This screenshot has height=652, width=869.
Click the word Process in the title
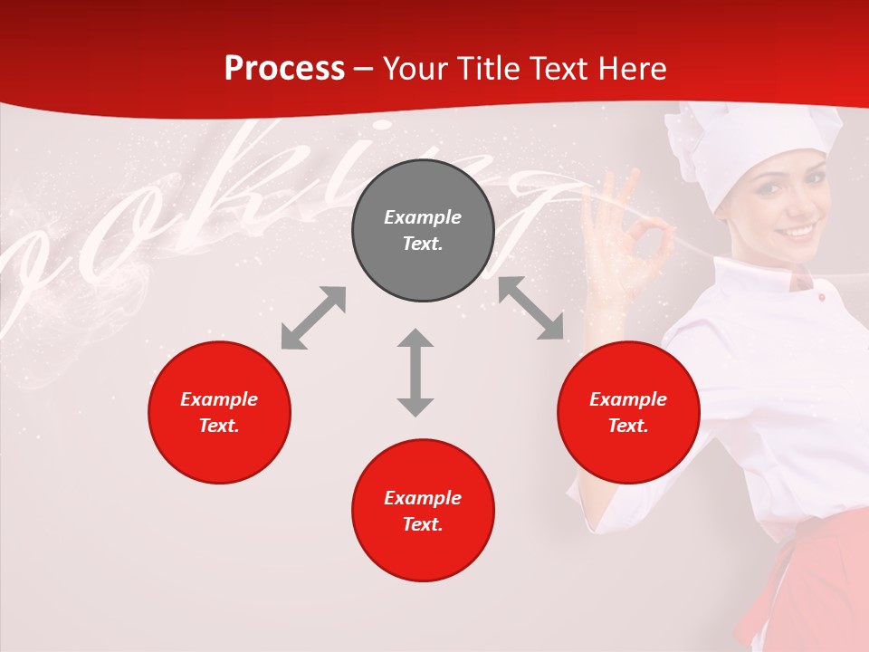click(284, 69)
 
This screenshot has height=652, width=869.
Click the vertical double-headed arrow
click(415, 372)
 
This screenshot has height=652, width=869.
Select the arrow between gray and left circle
click(313, 318)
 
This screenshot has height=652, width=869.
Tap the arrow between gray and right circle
click(530, 309)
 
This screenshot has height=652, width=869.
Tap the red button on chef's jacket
click(821, 297)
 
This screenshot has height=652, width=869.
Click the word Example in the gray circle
click(423, 217)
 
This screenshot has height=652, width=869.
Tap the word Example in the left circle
click(219, 399)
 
